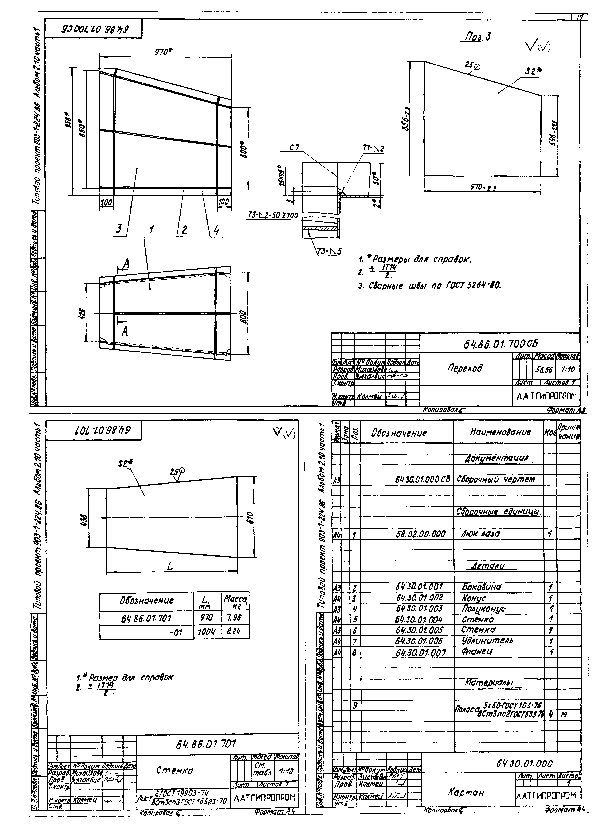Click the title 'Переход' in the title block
pos(464,368)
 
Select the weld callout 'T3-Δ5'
pos(328,251)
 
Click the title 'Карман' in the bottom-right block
pos(466,792)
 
